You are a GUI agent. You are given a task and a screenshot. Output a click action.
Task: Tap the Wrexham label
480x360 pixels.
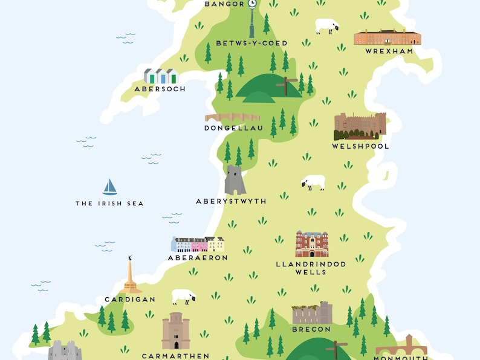pos(389,51)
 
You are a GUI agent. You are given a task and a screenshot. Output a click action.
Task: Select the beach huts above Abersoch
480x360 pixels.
pos(161,76)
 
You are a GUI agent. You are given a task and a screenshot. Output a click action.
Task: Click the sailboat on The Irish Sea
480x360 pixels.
pos(109,187)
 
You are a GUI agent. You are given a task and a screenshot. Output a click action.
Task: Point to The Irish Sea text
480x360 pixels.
pos(109,204)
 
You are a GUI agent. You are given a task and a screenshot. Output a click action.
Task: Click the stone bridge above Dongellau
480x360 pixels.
pos(232,117)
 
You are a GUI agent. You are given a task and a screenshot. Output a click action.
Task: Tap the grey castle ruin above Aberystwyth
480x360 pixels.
pos(235,180)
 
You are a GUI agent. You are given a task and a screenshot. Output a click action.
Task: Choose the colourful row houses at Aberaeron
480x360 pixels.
pos(198,244)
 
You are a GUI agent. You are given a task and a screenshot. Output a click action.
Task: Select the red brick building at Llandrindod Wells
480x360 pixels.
pos(311,244)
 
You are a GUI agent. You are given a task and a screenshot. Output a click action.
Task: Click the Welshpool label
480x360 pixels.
pos(360,146)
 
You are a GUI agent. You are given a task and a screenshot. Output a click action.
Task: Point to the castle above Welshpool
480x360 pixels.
pos(360,126)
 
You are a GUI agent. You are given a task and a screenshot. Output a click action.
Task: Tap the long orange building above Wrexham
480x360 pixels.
pos(387,37)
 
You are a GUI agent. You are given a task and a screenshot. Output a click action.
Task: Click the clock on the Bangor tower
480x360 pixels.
pos(252,3)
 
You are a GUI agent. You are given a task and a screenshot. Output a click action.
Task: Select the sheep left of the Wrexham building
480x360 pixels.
pos(326,26)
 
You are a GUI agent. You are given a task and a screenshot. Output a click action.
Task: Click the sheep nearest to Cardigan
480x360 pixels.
pos(183,297)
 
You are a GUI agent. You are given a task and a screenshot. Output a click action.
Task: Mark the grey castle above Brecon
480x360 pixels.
pos(312,313)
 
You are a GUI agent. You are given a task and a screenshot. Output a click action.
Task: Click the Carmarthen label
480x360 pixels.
pos(176,356)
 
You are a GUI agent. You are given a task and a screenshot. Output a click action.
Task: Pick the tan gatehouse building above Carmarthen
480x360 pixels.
pos(175,330)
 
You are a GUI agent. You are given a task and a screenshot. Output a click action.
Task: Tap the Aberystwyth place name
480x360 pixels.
pos(231,201)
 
